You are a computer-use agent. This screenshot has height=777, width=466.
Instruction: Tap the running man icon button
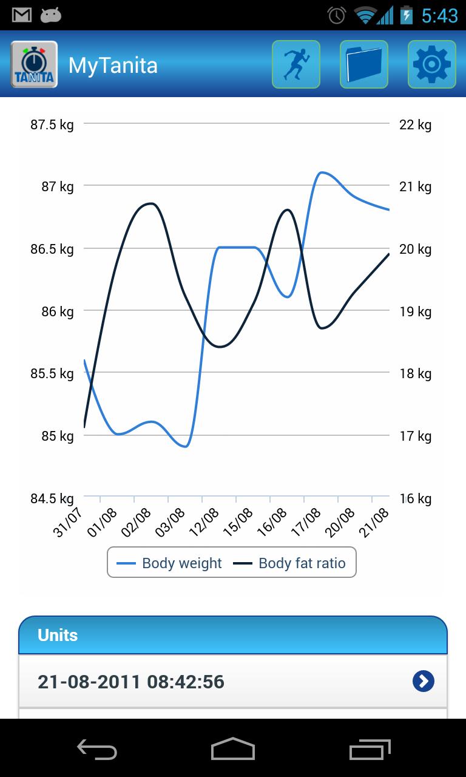(296, 64)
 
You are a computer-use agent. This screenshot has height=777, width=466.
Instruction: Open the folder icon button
(364, 64)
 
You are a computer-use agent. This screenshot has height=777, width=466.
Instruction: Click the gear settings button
(431, 64)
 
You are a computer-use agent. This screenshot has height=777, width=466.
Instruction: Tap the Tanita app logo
(34, 64)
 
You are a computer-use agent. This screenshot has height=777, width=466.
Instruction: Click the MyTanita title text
(113, 65)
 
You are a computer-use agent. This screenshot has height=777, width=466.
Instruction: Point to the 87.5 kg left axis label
(52, 125)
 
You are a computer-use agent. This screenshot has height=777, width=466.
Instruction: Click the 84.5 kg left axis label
(52, 499)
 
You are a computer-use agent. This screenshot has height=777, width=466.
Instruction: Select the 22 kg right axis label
(415, 125)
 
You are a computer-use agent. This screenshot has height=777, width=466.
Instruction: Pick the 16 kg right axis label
(415, 499)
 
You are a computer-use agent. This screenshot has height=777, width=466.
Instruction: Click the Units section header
(58, 636)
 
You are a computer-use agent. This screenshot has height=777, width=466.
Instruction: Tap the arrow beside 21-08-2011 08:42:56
(424, 681)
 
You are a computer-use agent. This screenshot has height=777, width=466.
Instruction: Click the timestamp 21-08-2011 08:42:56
(131, 682)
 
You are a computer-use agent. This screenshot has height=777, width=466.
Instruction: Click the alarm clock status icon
(337, 15)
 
